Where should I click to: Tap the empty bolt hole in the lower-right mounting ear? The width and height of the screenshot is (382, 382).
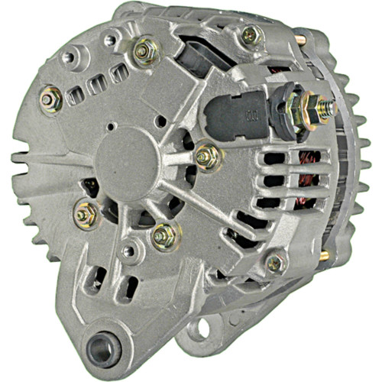[200, 329]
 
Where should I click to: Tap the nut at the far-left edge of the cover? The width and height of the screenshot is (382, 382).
[51, 100]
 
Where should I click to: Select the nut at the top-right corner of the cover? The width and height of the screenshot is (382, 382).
[250, 34]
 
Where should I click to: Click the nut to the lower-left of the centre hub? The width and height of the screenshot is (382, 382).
[86, 215]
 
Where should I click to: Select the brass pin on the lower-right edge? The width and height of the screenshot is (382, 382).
[325, 256]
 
